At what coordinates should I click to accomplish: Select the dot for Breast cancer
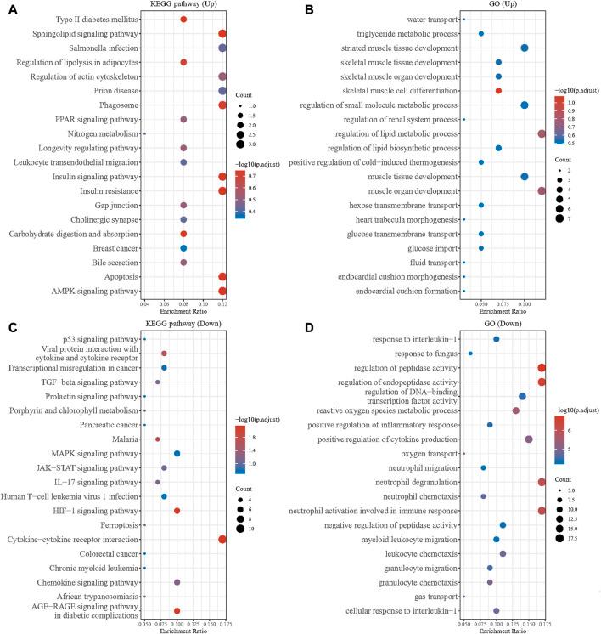[183, 248]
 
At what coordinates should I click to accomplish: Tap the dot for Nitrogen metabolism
[144, 133]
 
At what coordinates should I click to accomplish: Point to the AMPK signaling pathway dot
[222, 291]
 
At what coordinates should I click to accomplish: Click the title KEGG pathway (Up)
[183, 6]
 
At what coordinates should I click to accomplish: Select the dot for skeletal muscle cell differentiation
[498, 90]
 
